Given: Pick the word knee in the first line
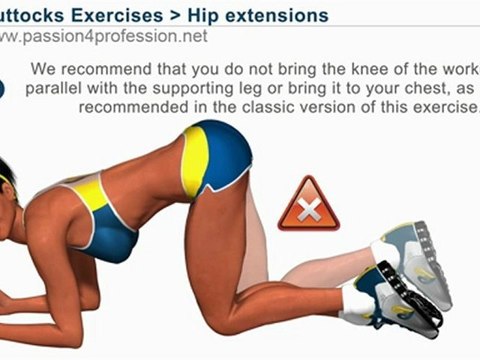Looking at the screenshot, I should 344,71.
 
